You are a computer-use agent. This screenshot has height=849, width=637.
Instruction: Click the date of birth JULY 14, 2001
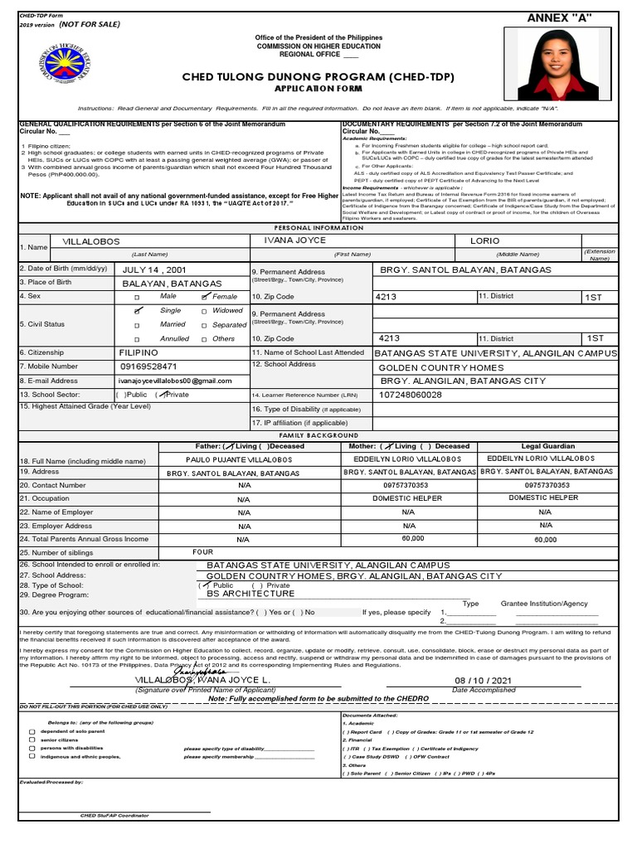(156, 269)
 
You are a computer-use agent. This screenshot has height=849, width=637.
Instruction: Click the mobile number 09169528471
(148, 366)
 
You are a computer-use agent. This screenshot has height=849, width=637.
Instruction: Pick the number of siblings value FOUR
(203, 551)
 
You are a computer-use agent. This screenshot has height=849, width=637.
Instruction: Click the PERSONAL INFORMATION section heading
(318, 227)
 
